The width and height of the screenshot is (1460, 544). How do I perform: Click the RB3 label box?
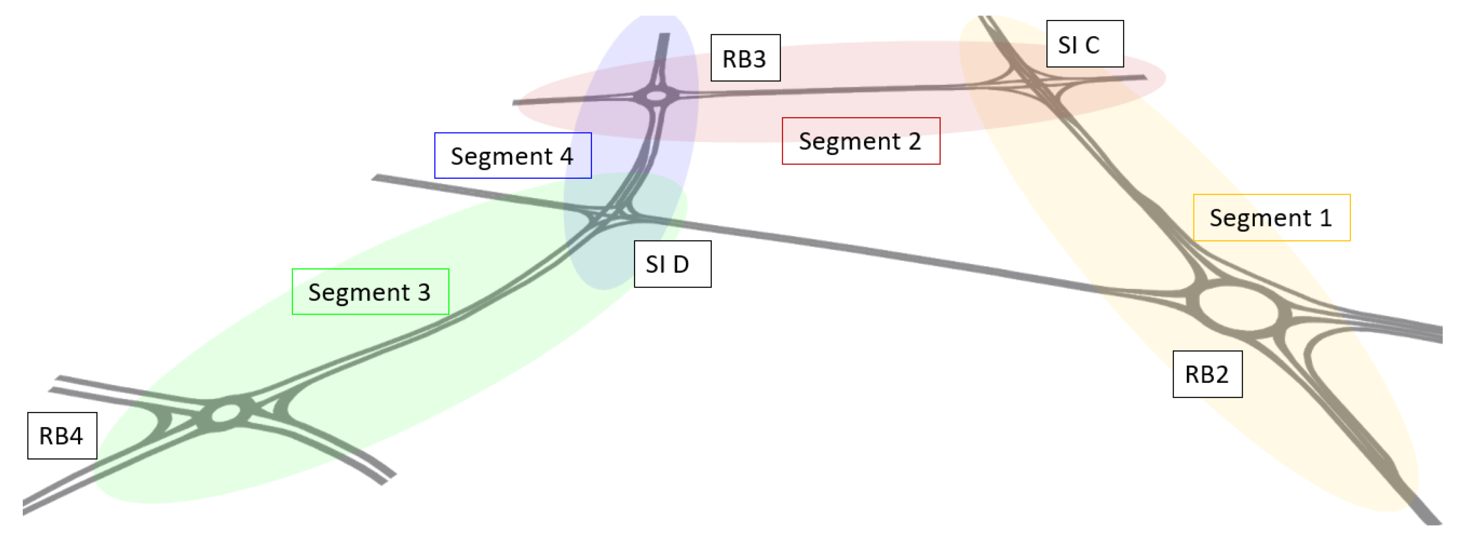pyautogui.click(x=745, y=58)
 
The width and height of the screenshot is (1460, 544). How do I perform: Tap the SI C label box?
pyautogui.click(x=1084, y=44)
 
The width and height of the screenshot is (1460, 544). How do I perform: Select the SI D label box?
pyautogui.click(x=672, y=264)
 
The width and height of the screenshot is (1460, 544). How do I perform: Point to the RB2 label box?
pyautogui.click(x=1207, y=374)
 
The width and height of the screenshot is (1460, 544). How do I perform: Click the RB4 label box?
pyautogui.click(x=62, y=436)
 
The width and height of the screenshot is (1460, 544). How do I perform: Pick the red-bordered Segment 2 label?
pyautogui.click(x=860, y=141)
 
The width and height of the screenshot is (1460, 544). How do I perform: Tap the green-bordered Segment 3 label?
pyautogui.click(x=370, y=292)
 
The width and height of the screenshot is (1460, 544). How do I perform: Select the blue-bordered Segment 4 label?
pyautogui.click(x=512, y=156)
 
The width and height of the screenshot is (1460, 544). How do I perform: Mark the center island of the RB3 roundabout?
pyautogui.click(x=656, y=96)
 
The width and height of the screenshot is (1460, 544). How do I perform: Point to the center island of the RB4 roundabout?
pyautogui.click(x=226, y=414)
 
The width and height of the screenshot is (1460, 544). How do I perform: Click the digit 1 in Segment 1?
pyautogui.click(x=1325, y=218)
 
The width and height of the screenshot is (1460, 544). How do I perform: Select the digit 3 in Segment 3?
pyautogui.click(x=424, y=292)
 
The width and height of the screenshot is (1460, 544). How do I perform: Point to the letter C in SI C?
pyautogui.click(x=1092, y=45)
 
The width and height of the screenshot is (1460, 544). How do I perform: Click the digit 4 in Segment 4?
pyautogui.click(x=566, y=156)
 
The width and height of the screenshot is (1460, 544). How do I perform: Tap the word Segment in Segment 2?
pyautogui.click(x=849, y=142)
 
